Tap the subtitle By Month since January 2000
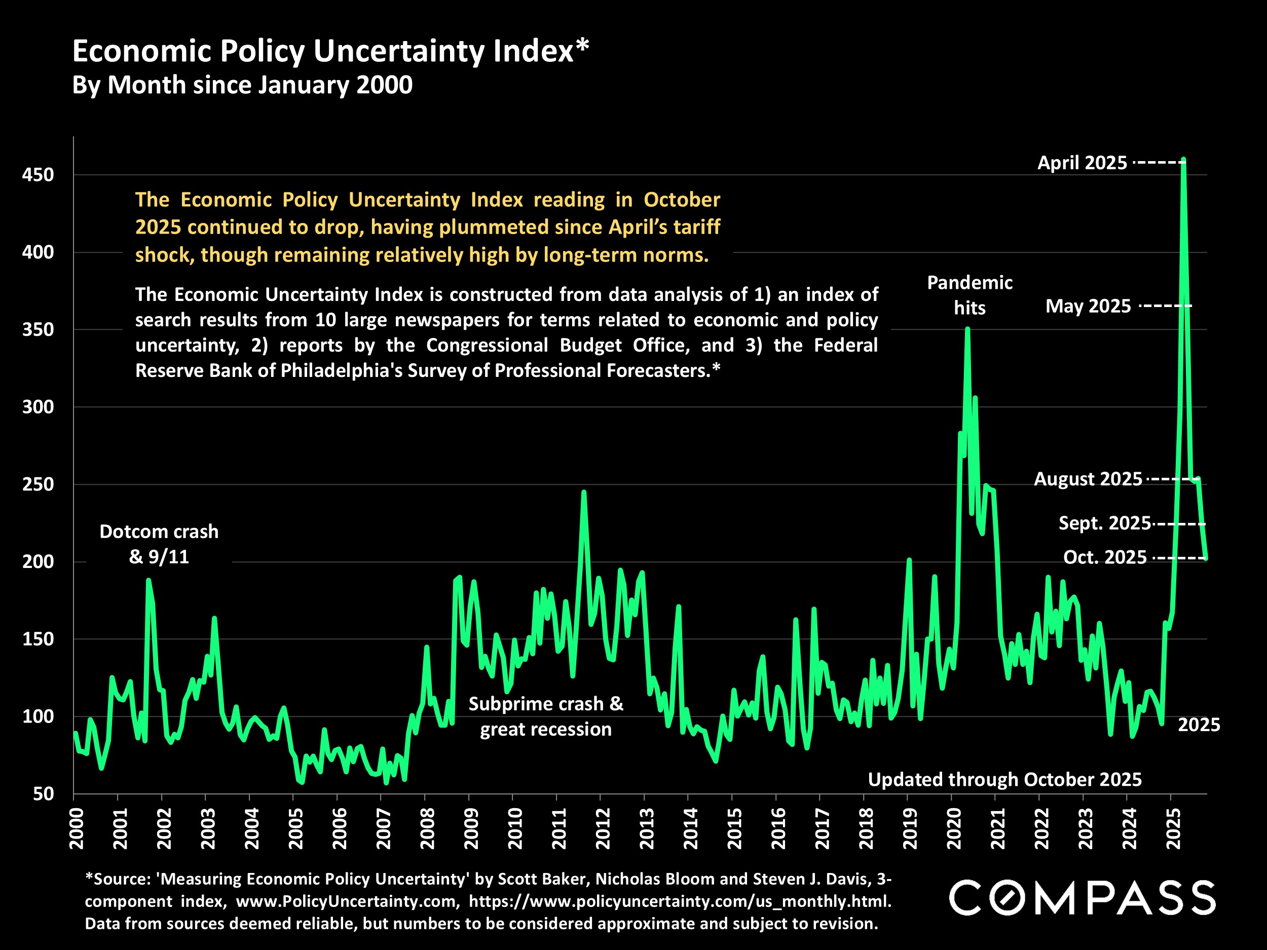pos(242,85)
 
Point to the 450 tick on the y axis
pos(38,175)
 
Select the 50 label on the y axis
pos(44,793)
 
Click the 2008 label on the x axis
pos(427,828)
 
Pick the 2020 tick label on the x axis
pos(954,828)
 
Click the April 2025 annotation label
pos(1082,163)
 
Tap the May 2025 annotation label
pos(1088,307)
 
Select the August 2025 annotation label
pos(1088,479)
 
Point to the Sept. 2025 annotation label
pos(1104,523)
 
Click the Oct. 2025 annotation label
pos(1105,557)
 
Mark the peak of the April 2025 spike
pos(1183,160)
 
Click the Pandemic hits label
pos(970,295)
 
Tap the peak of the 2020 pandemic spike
pos(967,329)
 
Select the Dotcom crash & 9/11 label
pos(159,544)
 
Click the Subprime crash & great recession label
pos(545,716)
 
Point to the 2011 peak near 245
pos(584,492)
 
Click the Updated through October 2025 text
pos(1004,779)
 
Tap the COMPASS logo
pos(1083,897)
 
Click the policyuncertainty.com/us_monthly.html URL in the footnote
pos(680,901)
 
